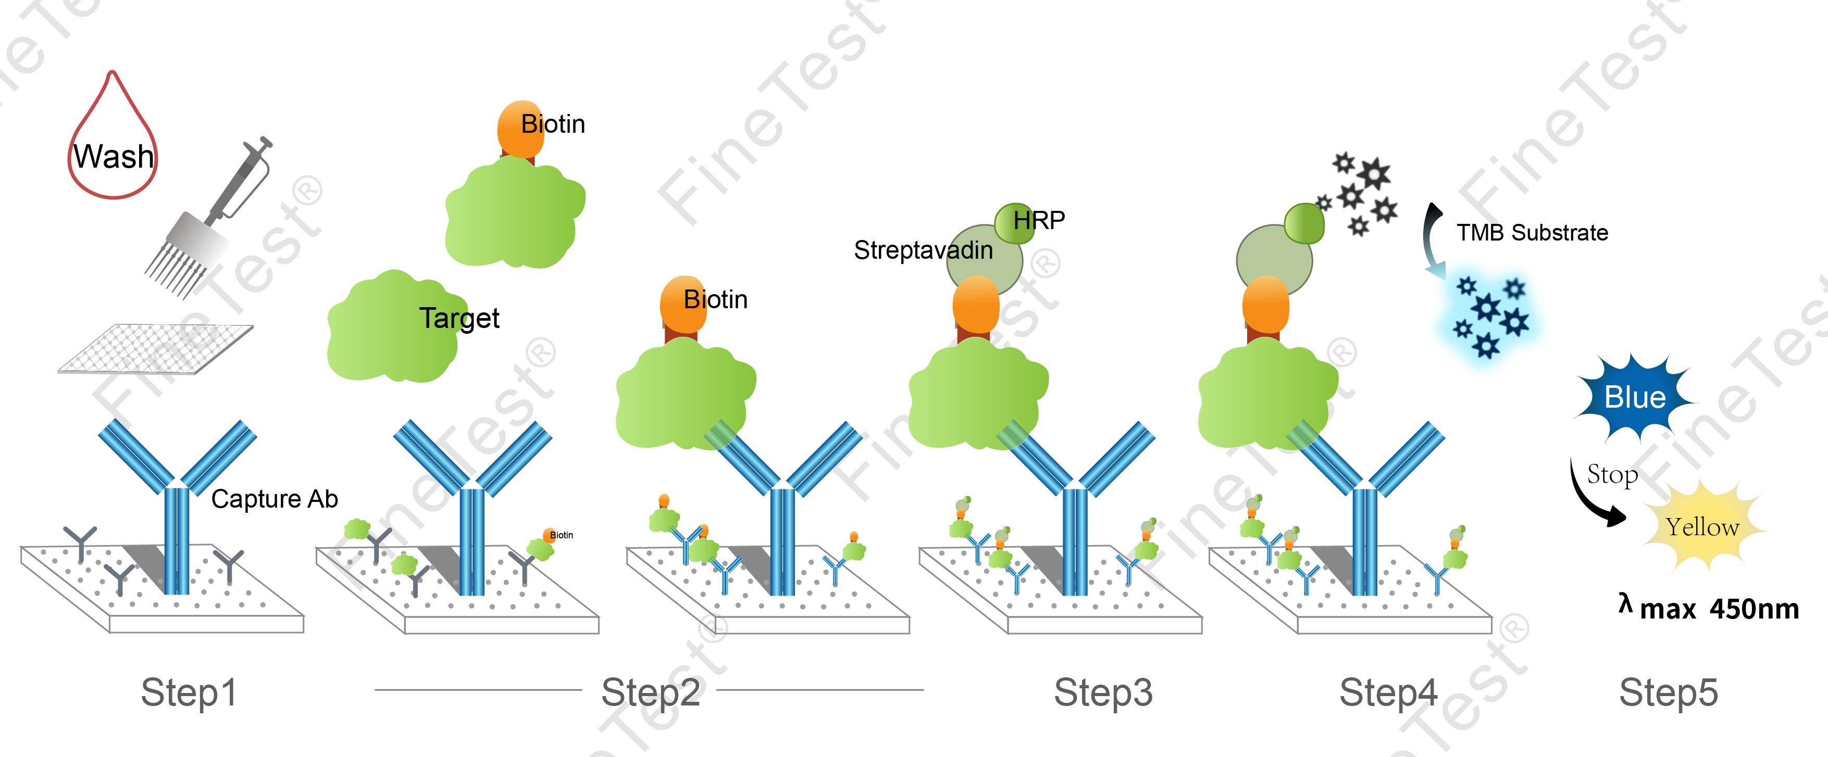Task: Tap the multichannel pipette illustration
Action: click(x=206, y=220)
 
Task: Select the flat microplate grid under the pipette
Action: click(x=156, y=348)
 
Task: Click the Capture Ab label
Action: click(x=274, y=499)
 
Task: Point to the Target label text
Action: click(x=458, y=318)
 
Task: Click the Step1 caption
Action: click(x=188, y=692)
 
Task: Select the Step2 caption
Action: click(x=650, y=692)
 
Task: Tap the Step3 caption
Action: click(x=1103, y=692)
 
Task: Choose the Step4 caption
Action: click(x=1388, y=692)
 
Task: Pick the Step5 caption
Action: click(x=1669, y=692)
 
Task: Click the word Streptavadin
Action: click(x=923, y=250)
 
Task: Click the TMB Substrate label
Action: click(x=1532, y=233)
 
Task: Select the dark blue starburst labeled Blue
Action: click(x=1634, y=397)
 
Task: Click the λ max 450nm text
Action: click(x=1710, y=608)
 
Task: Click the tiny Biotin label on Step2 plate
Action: click(x=561, y=535)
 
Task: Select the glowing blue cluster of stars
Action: click(x=1489, y=316)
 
